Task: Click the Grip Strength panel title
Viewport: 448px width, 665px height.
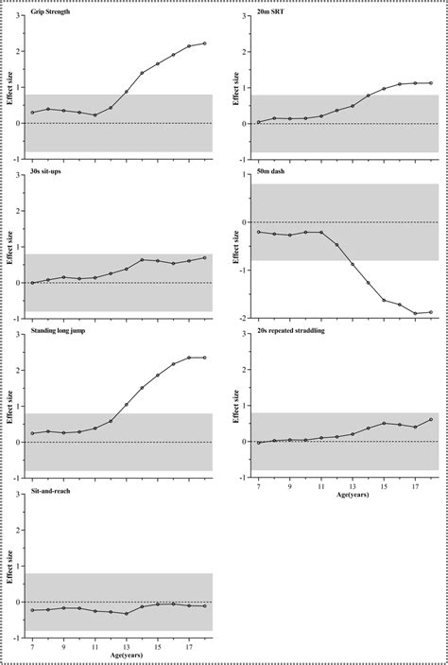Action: [54, 12]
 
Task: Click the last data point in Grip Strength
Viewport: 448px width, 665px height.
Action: [205, 44]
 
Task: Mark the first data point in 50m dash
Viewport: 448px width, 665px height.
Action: [258, 232]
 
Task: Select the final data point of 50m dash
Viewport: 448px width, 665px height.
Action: [431, 312]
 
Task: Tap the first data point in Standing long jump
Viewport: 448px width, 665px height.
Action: [33, 433]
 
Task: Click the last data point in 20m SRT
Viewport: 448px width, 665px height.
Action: [431, 83]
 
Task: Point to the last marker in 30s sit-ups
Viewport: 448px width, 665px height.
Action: [205, 257]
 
